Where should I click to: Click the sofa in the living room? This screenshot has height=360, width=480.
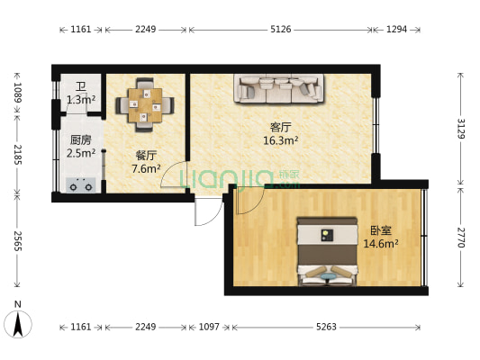[x=278, y=87]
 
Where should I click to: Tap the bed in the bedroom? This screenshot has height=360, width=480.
[x=327, y=251]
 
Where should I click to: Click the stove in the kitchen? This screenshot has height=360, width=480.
[x=81, y=186]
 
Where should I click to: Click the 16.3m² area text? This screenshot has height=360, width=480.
[x=280, y=140]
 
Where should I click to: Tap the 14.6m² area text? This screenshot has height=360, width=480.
[x=380, y=243]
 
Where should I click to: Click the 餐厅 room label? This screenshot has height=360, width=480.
[x=146, y=154]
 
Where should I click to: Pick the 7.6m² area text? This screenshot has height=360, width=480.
[x=146, y=168]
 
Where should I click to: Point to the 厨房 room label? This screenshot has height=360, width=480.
[x=80, y=139]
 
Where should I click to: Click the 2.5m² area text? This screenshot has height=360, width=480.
[x=80, y=153]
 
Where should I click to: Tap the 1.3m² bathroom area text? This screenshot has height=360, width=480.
[x=80, y=100]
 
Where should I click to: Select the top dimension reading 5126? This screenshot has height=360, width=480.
[x=280, y=30]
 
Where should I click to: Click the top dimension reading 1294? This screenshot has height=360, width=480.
[x=396, y=30]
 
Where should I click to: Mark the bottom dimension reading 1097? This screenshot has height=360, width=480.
[x=208, y=327]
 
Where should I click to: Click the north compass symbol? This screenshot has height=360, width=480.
[x=18, y=321]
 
